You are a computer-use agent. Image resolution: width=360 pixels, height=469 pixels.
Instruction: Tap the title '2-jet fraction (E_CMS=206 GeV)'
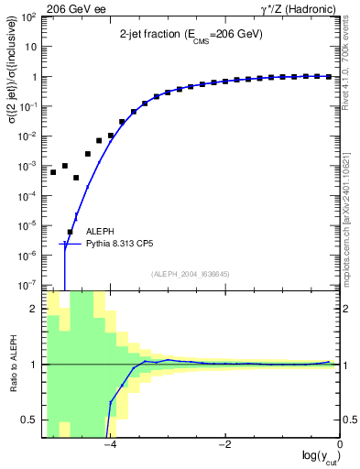(191, 34)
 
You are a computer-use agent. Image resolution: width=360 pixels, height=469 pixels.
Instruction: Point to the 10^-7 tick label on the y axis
(30, 285)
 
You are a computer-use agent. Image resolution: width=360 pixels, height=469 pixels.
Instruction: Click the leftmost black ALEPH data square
(53, 172)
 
